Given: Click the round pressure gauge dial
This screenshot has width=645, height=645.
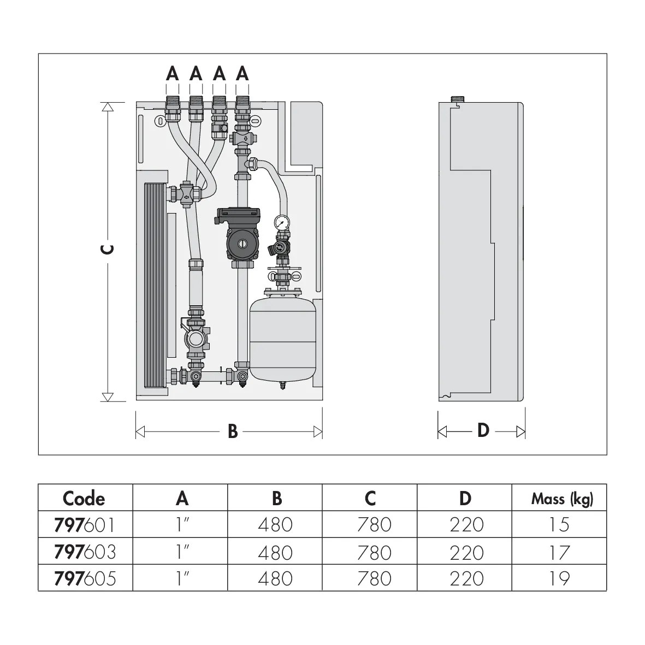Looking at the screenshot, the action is pyautogui.click(x=282, y=222).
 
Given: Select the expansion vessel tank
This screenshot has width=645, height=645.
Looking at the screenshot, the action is pyautogui.click(x=282, y=339).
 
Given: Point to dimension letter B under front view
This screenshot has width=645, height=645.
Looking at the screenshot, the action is pyautogui.click(x=233, y=431).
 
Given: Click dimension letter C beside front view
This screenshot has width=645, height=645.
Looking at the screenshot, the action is pyautogui.click(x=108, y=249).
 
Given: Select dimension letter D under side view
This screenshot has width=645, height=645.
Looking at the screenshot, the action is pyautogui.click(x=483, y=431).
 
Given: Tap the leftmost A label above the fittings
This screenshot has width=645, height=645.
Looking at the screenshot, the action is pyautogui.click(x=173, y=74).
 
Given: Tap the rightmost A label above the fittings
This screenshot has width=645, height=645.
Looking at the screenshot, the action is pyautogui.click(x=242, y=74).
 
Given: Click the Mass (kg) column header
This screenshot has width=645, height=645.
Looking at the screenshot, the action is pyautogui.click(x=562, y=499).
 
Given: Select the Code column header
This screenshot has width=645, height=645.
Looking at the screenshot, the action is pyautogui.click(x=84, y=499).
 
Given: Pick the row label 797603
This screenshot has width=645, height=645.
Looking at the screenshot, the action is pyautogui.click(x=85, y=552).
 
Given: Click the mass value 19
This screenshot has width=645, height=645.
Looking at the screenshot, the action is pyautogui.click(x=559, y=579).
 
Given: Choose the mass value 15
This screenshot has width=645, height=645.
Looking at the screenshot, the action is pyautogui.click(x=559, y=525).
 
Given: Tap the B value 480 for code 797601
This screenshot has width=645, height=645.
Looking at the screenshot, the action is pyautogui.click(x=275, y=525).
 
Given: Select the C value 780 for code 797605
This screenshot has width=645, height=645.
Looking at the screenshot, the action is pyautogui.click(x=374, y=579).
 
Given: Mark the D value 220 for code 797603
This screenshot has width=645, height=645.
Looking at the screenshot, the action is pyautogui.click(x=467, y=552).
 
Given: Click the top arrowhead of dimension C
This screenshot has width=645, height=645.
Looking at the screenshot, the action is pyautogui.click(x=108, y=107).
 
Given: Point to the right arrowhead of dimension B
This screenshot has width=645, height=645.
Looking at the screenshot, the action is pyautogui.click(x=318, y=432).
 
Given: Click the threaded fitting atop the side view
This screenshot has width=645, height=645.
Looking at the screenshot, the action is pyautogui.click(x=458, y=99).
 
